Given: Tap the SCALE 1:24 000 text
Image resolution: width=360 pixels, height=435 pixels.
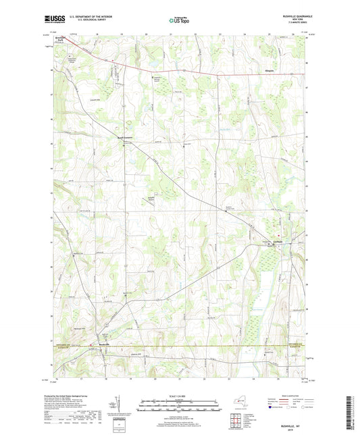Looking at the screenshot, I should click(180, 396).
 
